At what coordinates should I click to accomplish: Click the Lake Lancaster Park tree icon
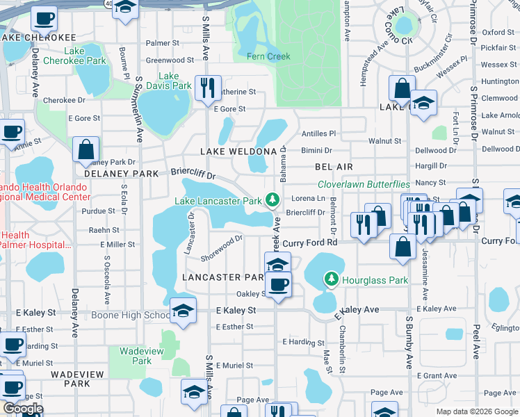click(x=272, y=200)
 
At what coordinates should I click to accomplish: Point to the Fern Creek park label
click(x=268, y=56)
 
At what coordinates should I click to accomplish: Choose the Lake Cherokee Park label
click(x=74, y=56)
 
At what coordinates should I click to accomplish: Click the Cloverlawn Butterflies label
click(x=364, y=184)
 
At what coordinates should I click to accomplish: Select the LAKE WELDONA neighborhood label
click(x=238, y=151)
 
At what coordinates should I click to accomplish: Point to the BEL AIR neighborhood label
click(x=334, y=167)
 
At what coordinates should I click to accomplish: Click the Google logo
click(x=22, y=409)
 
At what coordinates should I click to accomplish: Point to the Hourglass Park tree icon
click(x=332, y=279)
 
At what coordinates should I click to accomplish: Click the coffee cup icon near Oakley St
click(x=278, y=284)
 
